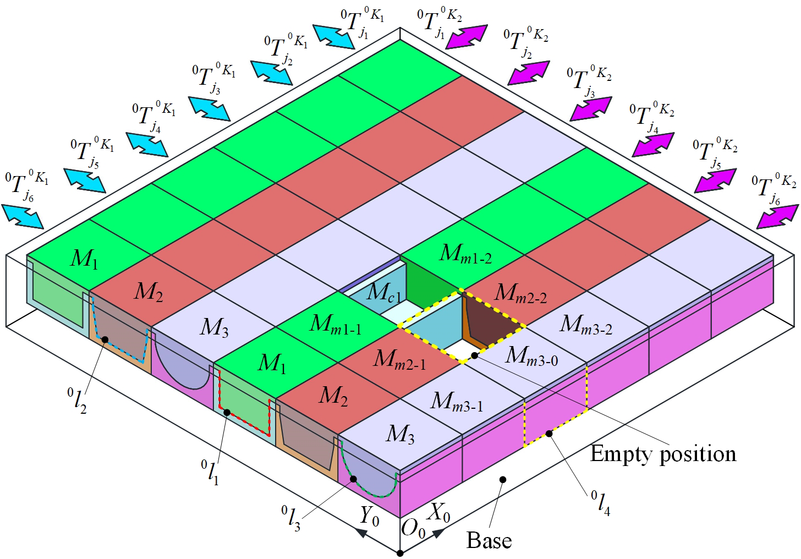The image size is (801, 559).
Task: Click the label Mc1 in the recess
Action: (383, 293)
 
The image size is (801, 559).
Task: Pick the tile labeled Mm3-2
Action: (586, 326)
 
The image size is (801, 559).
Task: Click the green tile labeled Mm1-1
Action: (338, 326)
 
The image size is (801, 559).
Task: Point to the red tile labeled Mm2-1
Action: (400, 362)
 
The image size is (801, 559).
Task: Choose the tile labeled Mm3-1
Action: (462, 398)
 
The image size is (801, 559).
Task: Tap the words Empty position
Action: (663, 454)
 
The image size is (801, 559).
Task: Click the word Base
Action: (489, 540)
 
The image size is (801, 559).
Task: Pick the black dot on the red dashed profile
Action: (227, 412)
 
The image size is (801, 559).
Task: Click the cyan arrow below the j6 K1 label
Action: (22, 216)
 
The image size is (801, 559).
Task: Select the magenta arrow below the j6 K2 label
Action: (778, 216)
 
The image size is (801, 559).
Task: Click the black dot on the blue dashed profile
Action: (105, 339)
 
